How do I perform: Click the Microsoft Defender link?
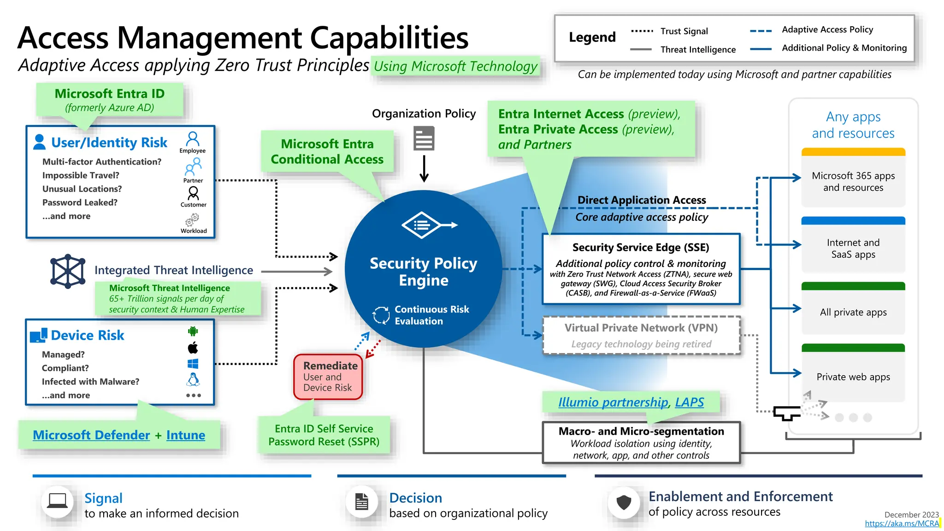(x=91, y=435)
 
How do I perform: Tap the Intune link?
(x=185, y=435)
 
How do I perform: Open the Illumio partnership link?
(x=613, y=402)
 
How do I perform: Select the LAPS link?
(x=689, y=402)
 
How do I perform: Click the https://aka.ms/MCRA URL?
(x=902, y=524)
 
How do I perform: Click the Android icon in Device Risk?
(x=193, y=331)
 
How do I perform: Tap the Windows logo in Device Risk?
(x=193, y=364)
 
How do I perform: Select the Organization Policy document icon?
(x=424, y=139)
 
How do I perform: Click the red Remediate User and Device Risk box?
(x=328, y=377)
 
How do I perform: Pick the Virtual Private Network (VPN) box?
(x=641, y=335)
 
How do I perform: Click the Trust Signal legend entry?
(x=684, y=31)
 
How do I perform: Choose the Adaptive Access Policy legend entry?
(x=827, y=30)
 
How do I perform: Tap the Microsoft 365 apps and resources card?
(x=853, y=181)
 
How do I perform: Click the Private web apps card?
(x=853, y=376)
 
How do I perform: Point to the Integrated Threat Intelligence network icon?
(x=68, y=271)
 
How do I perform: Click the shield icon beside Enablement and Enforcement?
(x=624, y=502)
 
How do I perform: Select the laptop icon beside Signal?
(x=57, y=501)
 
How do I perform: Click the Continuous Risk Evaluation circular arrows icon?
(x=381, y=315)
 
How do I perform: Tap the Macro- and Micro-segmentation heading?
(x=641, y=431)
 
